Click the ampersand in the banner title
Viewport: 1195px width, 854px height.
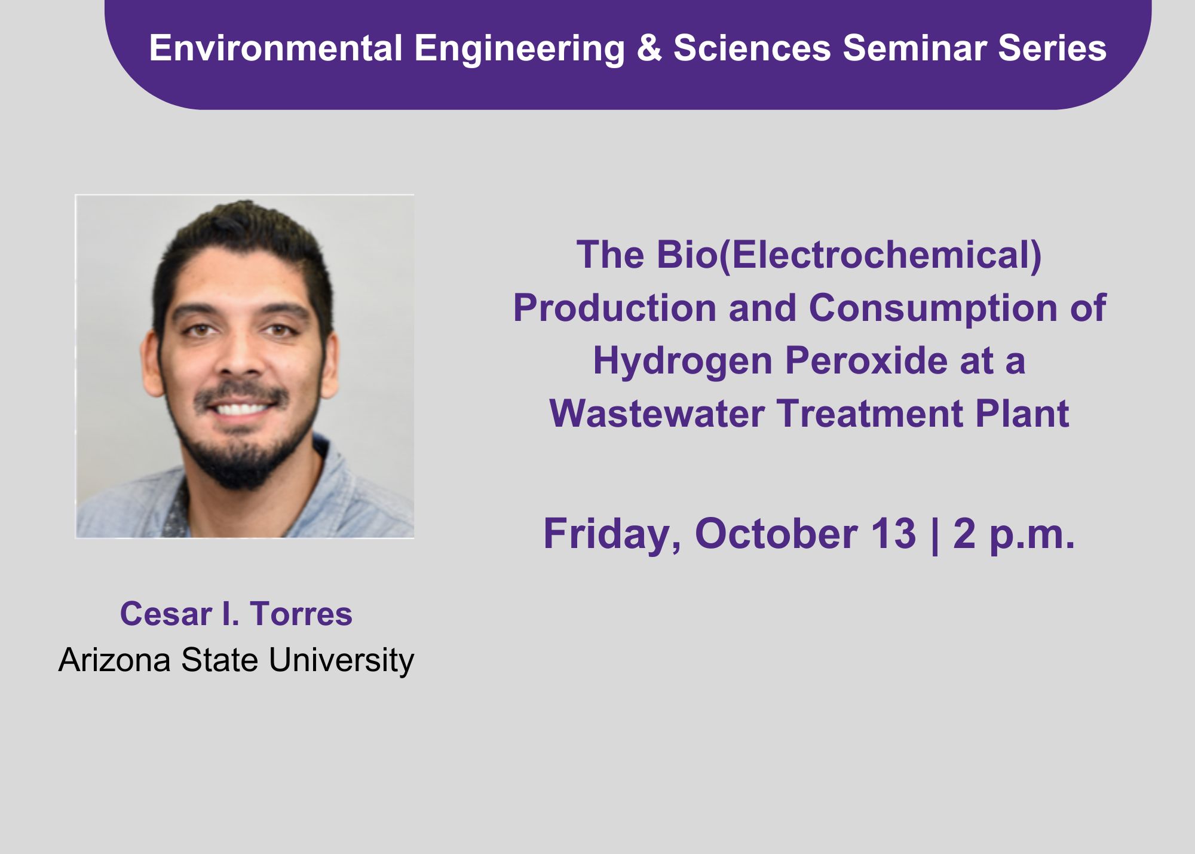[x=649, y=48]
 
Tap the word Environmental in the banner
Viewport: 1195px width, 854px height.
[x=276, y=48]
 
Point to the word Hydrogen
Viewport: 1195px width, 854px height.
[x=682, y=362]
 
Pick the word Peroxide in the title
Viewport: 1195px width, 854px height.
[x=866, y=361]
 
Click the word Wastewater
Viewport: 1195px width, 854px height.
[x=657, y=414]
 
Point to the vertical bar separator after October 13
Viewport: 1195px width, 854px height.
[x=934, y=534]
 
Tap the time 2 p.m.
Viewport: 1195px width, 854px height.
[x=1014, y=534]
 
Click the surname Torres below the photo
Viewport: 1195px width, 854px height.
[x=301, y=614]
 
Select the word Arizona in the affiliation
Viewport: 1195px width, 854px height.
[x=115, y=660]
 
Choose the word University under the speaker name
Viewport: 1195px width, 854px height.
[x=341, y=661]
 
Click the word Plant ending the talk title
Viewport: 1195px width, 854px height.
[x=1022, y=414]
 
